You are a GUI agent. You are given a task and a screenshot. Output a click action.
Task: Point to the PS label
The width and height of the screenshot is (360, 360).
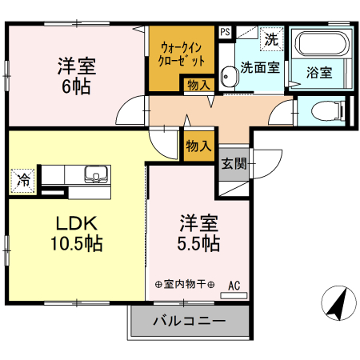225,33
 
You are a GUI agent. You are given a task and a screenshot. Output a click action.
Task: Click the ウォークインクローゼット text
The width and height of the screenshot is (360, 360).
182,54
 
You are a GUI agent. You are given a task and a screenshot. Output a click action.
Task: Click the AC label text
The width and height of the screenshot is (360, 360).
234,284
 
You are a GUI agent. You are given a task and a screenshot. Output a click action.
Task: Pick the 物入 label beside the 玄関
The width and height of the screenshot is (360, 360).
198,146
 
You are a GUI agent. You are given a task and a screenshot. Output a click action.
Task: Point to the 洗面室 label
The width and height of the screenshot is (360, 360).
260,67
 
